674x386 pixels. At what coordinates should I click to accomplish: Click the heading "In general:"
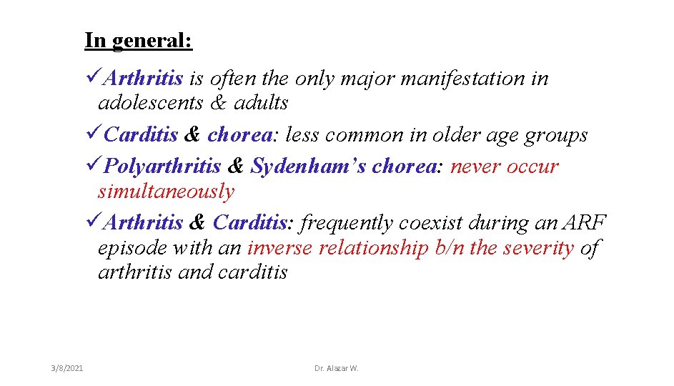pyautogui.click(x=138, y=40)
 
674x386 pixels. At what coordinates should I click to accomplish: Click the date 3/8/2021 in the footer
pyautogui.click(x=67, y=368)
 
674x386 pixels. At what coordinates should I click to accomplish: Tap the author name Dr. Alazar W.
pyautogui.click(x=337, y=368)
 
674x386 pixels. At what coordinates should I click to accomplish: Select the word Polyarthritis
pyautogui.click(x=162, y=167)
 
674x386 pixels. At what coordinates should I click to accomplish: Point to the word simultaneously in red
pyautogui.click(x=166, y=192)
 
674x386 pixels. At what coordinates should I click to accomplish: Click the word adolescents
pyautogui.click(x=151, y=103)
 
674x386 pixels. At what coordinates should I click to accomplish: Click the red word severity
pyautogui.click(x=537, y=248)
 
